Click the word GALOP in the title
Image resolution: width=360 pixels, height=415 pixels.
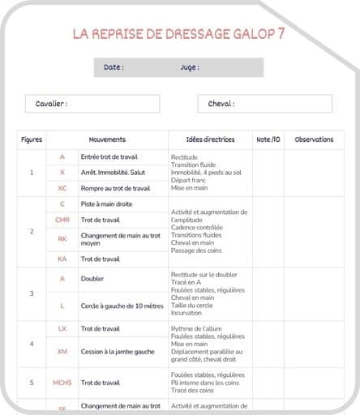249,34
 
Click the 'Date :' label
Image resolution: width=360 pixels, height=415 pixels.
114,67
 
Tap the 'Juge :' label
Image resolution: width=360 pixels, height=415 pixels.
189,67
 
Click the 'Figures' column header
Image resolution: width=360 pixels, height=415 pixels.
32,139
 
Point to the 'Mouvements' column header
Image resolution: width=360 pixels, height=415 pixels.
107,139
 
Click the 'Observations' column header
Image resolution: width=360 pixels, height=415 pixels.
314,139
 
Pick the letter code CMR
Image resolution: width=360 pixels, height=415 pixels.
62,220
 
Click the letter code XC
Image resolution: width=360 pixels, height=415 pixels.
62,188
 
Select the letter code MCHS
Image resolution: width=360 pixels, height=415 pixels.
62,382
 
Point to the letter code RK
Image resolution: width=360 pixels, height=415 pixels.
62,239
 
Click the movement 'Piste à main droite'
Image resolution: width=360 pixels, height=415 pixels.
106,204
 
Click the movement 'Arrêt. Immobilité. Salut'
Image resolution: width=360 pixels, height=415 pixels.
113,172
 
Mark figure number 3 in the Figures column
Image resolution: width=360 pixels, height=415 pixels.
32,293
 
